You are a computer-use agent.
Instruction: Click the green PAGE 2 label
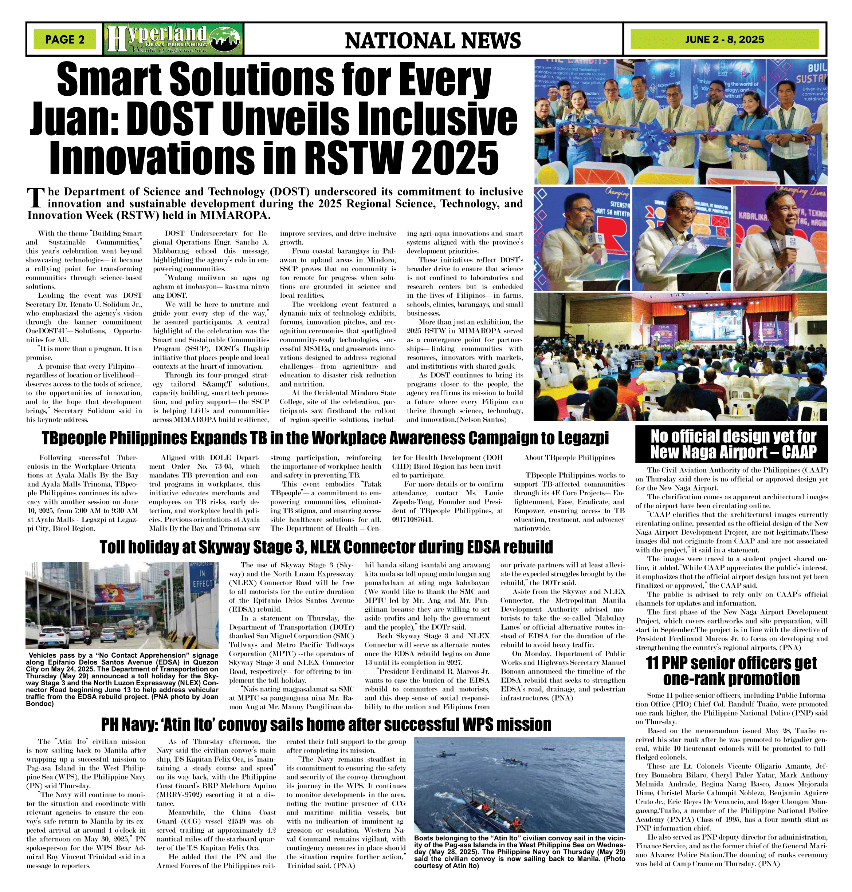(x=64, y=39)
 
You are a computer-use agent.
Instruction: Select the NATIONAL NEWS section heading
(x=432, y=40)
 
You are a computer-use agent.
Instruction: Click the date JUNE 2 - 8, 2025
(x=725, y=39)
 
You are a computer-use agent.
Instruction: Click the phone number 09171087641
(x=412, y=519)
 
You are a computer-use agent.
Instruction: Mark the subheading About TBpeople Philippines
(x=569, y=458)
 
